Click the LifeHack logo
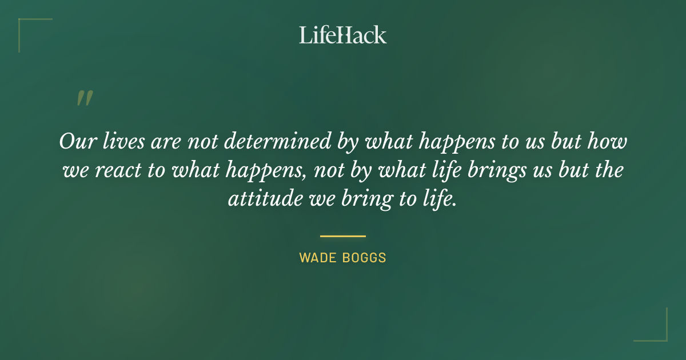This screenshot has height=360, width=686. point(343,35)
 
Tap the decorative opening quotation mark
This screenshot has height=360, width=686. point(85,98)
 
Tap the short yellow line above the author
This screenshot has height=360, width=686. point(343,235)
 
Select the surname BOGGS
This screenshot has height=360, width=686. point(364,258)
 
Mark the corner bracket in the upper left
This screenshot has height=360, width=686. point(26,26)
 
